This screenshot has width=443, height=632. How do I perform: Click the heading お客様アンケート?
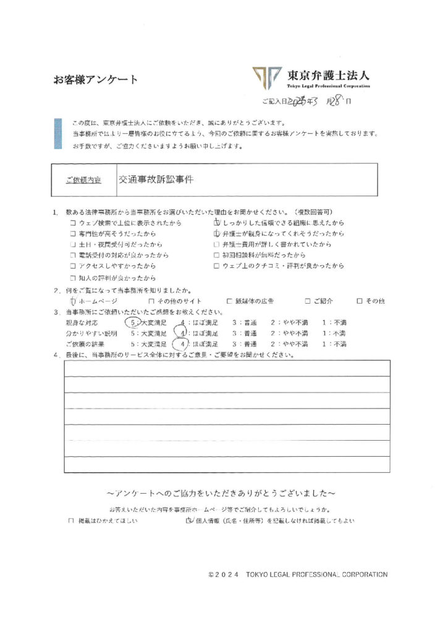tap(95, 79)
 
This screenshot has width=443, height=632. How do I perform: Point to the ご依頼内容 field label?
tap(83, 180)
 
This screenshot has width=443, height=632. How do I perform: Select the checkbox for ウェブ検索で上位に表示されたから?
tap(74, 223)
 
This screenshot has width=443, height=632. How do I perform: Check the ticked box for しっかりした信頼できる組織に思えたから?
tap(216, 222)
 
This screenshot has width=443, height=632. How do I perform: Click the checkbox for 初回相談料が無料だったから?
tap(216, 256)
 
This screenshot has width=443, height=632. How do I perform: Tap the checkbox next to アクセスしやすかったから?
tap(74, 267)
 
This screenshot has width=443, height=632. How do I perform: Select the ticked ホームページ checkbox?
tap(74, 301)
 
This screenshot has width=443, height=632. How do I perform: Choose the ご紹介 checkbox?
tap(307, 301)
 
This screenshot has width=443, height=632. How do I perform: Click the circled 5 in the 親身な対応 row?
tap(131, 322)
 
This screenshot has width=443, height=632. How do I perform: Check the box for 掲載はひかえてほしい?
tap(72, 521)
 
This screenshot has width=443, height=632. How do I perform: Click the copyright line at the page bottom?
tap(298, 575)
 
